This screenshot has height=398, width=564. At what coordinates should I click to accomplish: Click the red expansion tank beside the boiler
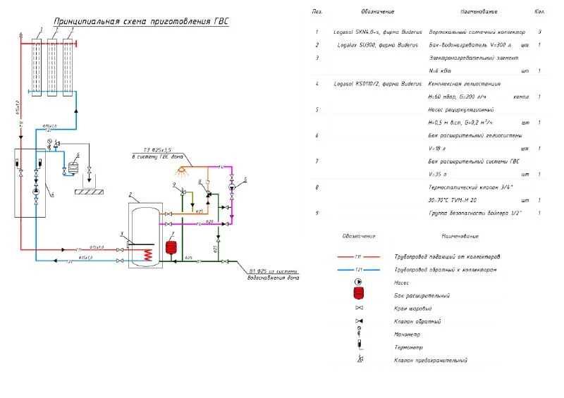pyautogui.click(x=169, y=247)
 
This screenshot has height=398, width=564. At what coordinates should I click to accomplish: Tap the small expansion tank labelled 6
pyautogui.click(x=72, y=169)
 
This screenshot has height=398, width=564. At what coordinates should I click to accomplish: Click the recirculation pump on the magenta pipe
pyautogui.click(x=232, y=187)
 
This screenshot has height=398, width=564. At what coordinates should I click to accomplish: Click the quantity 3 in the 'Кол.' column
pyautogui.click(x=539, y=32)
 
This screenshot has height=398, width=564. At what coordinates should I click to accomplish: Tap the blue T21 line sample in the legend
pyautogui.click(x=359, y=270)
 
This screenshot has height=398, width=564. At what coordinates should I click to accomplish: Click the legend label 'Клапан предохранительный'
pyautogui.click(x=430, y=360)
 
